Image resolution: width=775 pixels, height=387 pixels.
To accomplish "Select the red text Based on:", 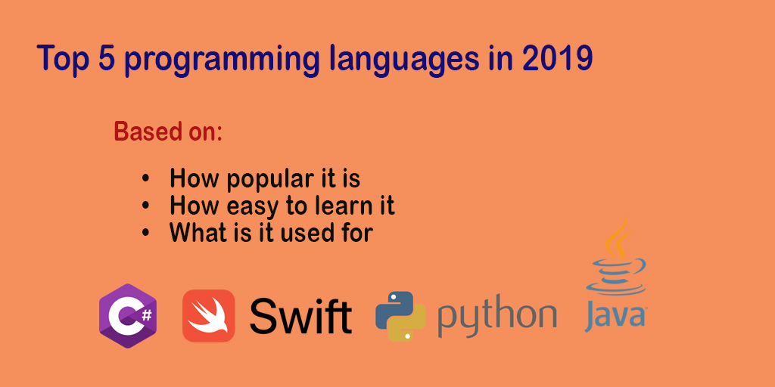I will (168, 132).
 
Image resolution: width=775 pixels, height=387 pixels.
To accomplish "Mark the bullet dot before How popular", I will (146, 179).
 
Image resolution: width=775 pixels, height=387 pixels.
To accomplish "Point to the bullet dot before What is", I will (146, 232).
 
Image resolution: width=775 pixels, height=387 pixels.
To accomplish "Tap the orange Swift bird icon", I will (208, 316).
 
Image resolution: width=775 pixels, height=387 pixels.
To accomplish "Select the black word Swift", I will (300, 316).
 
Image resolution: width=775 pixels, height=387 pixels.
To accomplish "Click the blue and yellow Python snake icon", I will (400, 316).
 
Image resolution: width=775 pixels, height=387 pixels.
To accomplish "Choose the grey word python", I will (496, 317).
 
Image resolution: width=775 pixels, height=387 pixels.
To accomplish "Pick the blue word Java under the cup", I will (615, 317).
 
